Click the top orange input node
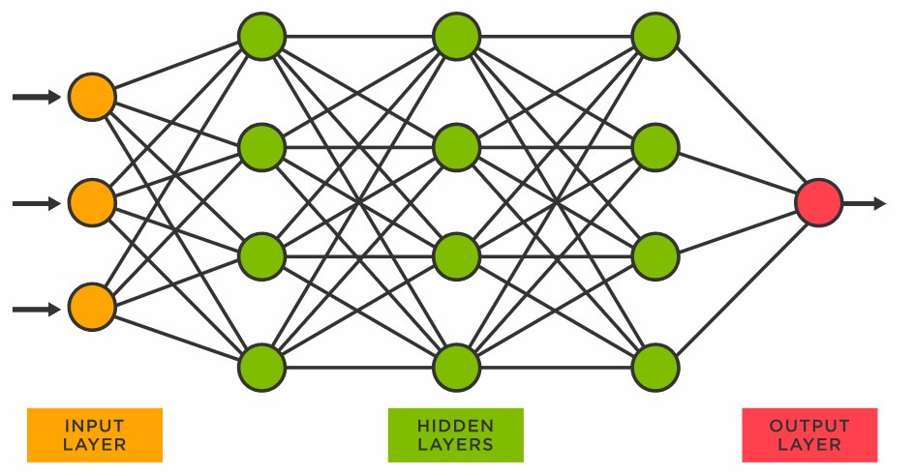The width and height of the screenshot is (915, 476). click(x=92, y=97)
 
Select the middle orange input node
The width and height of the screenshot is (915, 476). click(x=92, y=203)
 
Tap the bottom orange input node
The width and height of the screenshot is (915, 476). click(x=92, y=309)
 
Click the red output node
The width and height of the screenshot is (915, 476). click(x=818, y=203)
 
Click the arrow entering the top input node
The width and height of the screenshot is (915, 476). click(x=37, y=97)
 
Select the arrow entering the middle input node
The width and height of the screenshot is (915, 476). click(x=37, y=203)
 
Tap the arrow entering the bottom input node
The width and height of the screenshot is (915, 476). click(x=37, y=309)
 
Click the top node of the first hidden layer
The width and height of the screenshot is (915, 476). click(x=261, y=37)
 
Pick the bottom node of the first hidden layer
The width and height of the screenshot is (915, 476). click(x=261, y=368)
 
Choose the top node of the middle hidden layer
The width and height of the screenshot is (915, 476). click(x=457, y=37)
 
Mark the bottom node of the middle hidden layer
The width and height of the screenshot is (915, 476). click(x=457, y=368)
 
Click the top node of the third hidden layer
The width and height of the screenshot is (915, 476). click(x=655, y=37)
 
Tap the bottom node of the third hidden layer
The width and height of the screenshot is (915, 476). click(x=655, y=368)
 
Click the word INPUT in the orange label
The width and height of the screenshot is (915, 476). click(x=94, y=426)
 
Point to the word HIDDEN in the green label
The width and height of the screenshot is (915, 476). click(x=455, y=426)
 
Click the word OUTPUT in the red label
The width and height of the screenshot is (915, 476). click(x=809, y=426)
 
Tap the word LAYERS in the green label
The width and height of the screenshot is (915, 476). click(x=455, y=445)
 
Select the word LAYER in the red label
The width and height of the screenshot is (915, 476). click(x=809, y=445)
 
